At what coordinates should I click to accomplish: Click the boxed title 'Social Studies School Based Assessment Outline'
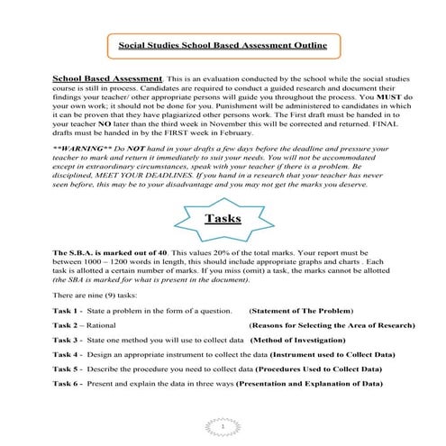coord(223,43)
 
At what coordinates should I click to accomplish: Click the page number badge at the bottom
coord(223,425)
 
